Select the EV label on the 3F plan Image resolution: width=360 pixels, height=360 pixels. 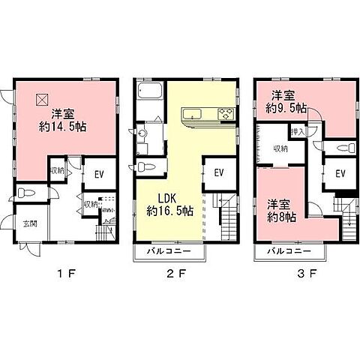pos(340,173)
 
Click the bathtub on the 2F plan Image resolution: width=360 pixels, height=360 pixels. pos(148,94)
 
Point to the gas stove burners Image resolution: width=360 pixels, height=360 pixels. pos(226,114)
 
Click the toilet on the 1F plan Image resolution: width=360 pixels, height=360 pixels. pos(26,193)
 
